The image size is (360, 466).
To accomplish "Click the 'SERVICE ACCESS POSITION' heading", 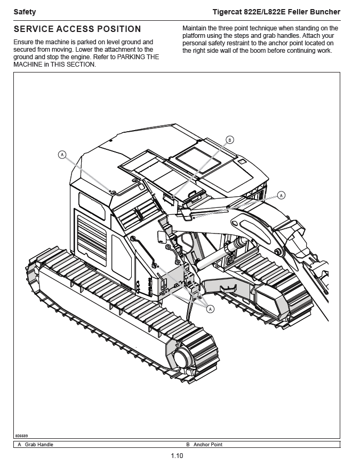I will [77, 29].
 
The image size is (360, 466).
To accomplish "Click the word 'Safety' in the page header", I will [25, 12].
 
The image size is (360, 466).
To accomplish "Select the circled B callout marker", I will [230, 140].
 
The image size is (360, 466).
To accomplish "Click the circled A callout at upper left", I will [62, 155].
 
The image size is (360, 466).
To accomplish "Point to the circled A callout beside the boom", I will [282, 195].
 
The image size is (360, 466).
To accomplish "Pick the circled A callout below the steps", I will [210, 309].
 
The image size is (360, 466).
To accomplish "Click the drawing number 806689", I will [22, 436].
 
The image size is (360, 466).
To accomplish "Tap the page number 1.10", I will [177, 456].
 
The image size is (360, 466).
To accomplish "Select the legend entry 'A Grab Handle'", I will [36, 445].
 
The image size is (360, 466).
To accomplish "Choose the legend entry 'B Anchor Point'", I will [204, 445].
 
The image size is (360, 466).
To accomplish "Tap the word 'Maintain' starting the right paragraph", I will [195, 28].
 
